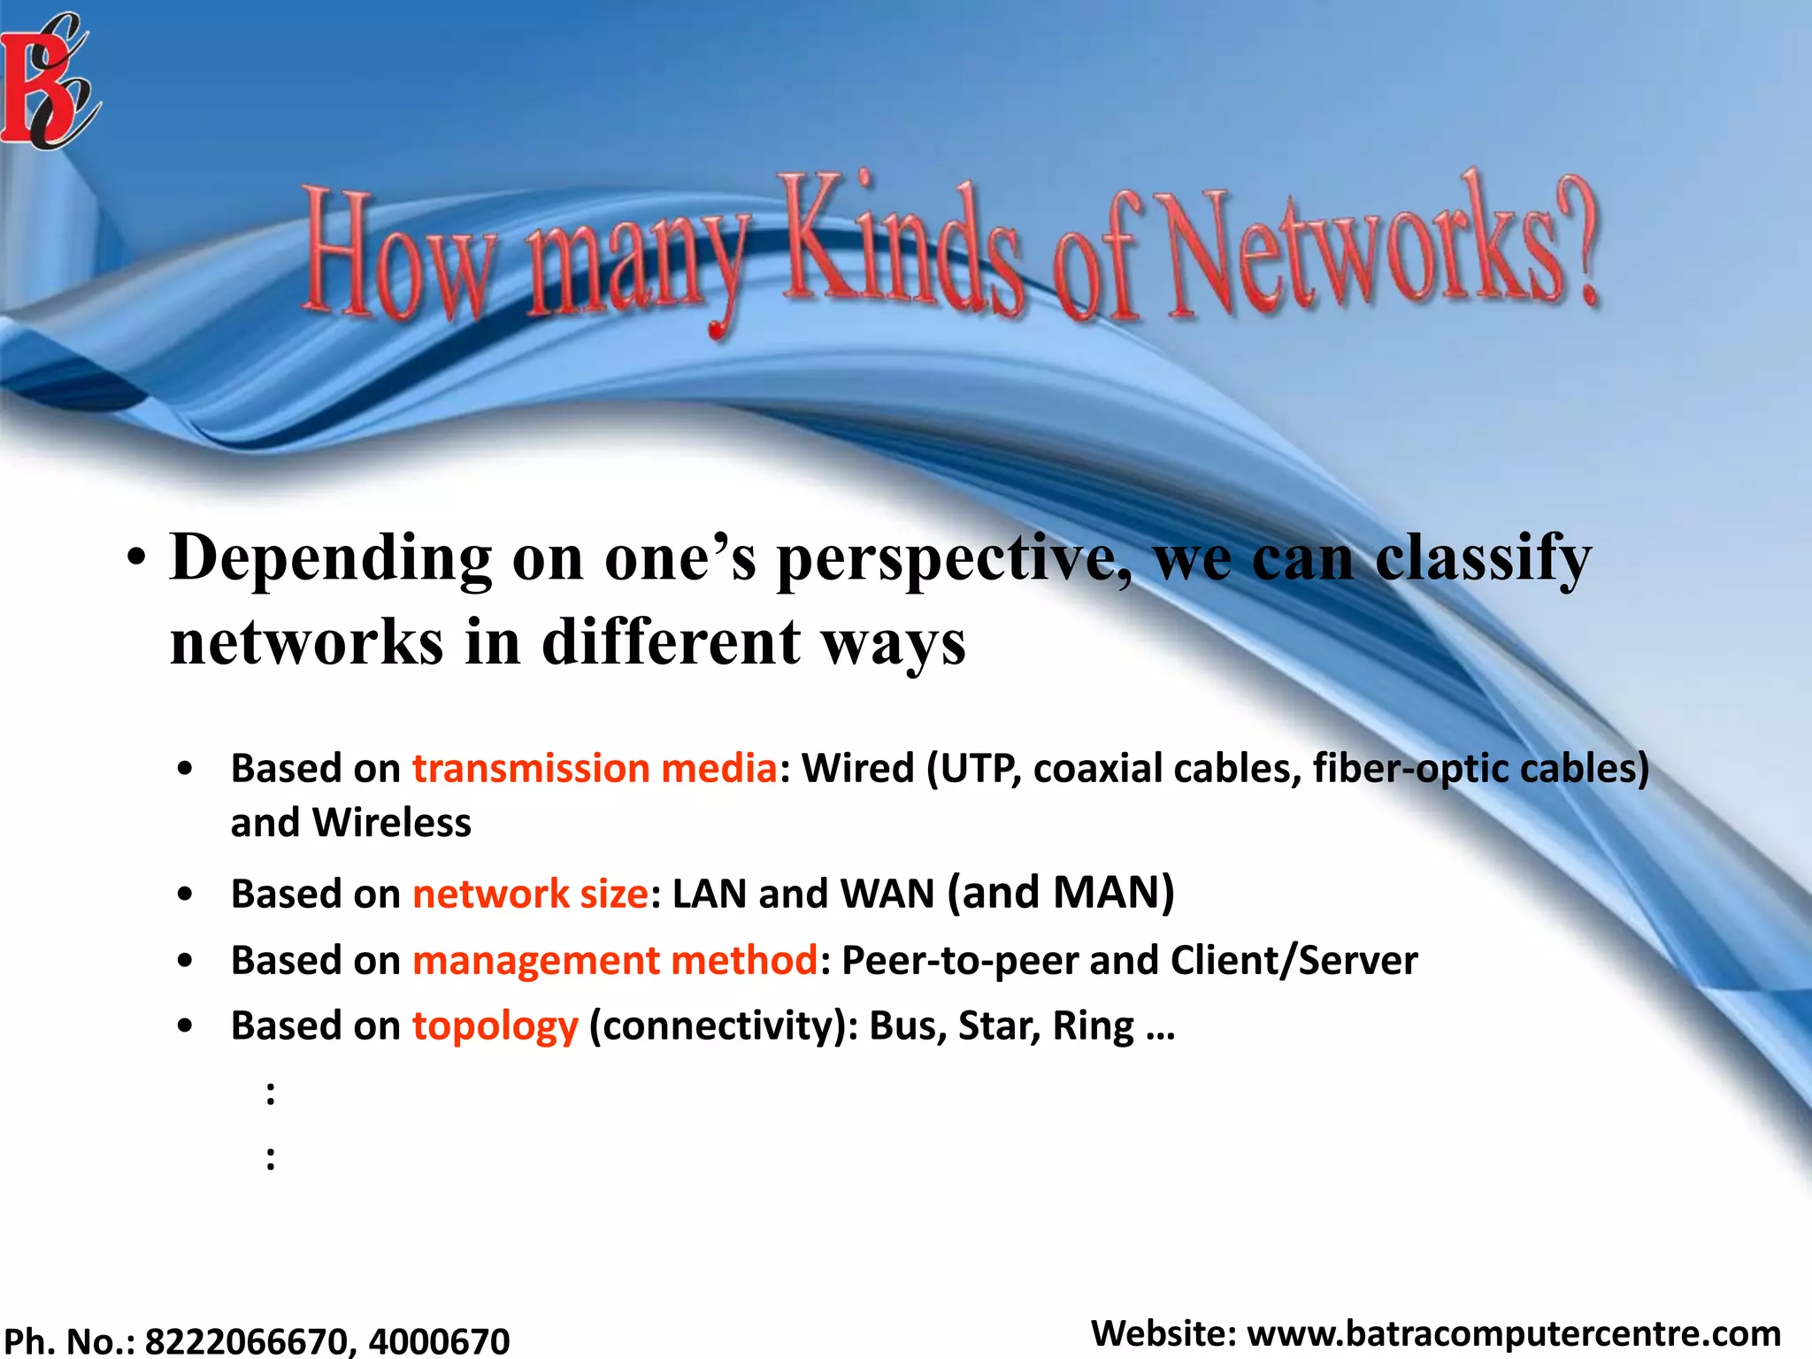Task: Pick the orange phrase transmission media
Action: pyautogui.click(x=595, y=768)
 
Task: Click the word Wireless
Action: pyautogui.click(x=392, y=823)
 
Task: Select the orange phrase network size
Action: pyautogui.click(x=531, y=894)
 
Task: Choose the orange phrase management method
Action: pyautogui.click(x=615, y=961)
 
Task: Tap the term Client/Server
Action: pyautogui.click(x=1294, y=961)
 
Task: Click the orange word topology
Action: pyautogui.click(x=495, y=1027)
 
